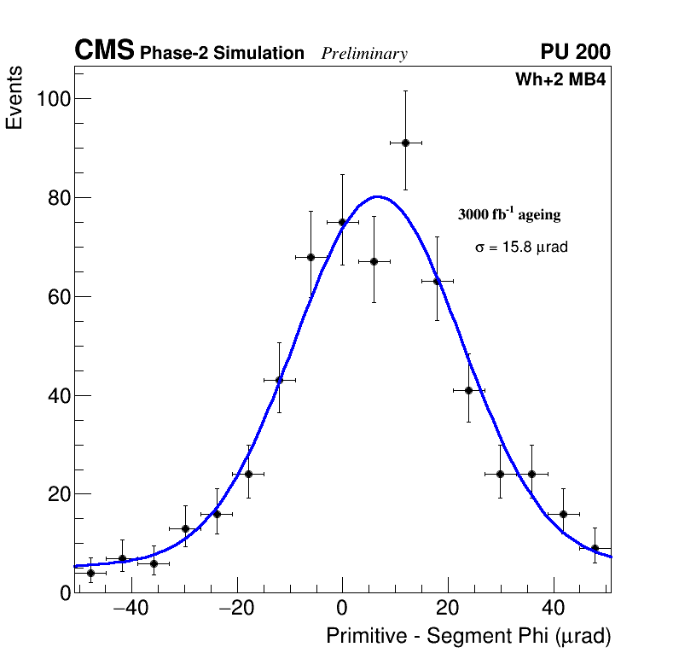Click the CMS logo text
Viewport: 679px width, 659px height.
(104, 51)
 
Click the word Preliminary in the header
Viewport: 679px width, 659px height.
(364, 54)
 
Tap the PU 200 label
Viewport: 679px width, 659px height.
(575, 52)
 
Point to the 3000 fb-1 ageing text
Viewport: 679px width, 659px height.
(509, 214)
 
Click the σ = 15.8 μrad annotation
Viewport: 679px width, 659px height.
(521, 248)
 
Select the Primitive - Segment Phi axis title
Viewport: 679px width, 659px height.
(468, 637)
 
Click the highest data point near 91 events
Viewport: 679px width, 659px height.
(405, 143)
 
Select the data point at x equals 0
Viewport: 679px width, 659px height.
(342, 222)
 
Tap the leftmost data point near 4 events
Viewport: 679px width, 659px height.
(90, 573)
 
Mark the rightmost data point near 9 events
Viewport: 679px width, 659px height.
(595, 548)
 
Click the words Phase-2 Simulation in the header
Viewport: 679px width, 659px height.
(222, 54)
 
